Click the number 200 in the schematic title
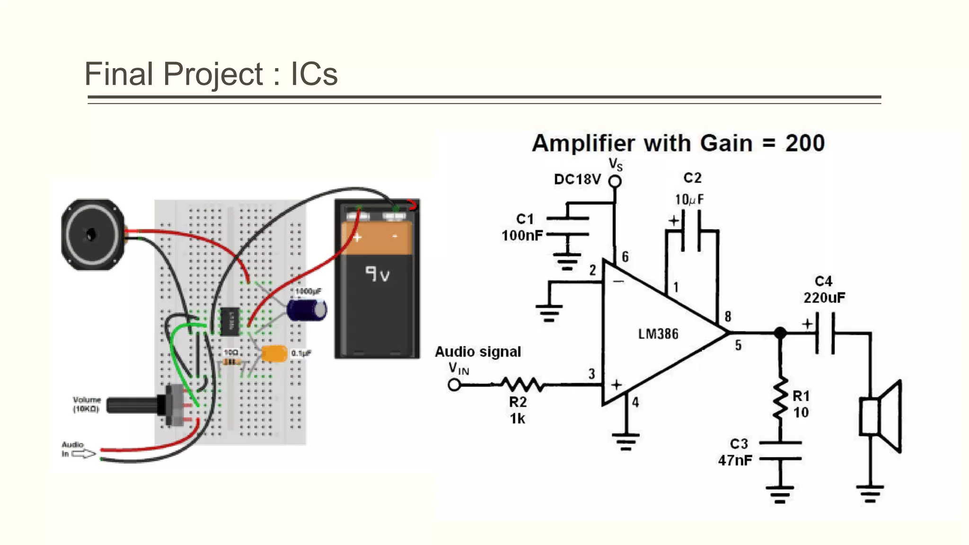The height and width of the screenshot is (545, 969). tap(805, 143)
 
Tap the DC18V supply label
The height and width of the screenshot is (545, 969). tap(577, 179)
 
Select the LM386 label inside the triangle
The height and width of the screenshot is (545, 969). tap(658, 334)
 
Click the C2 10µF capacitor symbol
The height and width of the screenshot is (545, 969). tap(691, 231)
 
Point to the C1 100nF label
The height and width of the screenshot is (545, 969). tap(522, 227)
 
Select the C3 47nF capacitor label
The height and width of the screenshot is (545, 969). tap(736, 452)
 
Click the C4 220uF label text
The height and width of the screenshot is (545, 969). tap(824, 290)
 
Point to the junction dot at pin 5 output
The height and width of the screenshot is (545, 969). tap(780, 333)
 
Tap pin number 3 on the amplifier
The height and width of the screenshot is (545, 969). tap(591, 374)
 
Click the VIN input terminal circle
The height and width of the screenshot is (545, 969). tap(454, 385)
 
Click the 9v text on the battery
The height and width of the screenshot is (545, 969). tap(377, 274)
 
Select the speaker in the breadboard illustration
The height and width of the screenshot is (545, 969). tap(93, 234)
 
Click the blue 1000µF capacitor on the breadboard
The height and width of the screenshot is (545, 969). tap(307, 310)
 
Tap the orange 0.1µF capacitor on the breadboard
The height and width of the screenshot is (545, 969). tap(274, 353)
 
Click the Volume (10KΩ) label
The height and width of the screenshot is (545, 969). tap(86, 404)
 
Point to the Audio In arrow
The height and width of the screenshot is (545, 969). tap(84, 454)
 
